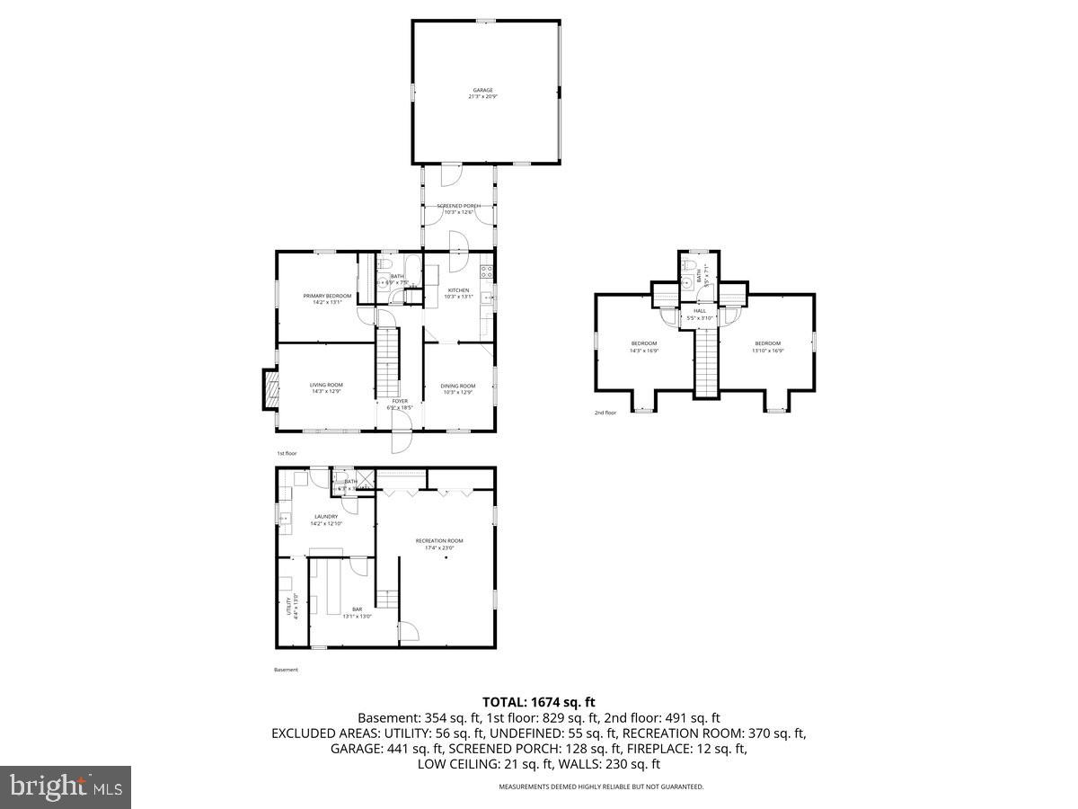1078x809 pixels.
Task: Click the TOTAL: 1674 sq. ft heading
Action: click(x=539, y=702)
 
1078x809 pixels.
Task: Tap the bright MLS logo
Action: click(x=66, y=787)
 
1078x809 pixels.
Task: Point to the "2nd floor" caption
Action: click(x=605, y=413)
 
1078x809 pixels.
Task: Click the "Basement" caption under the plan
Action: click(x=286, y=670)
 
